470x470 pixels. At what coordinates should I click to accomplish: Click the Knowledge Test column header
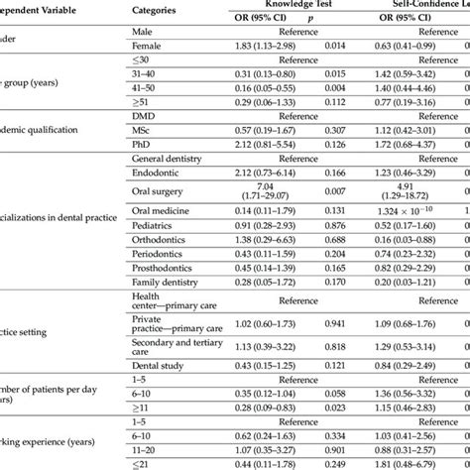coord(296,5)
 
